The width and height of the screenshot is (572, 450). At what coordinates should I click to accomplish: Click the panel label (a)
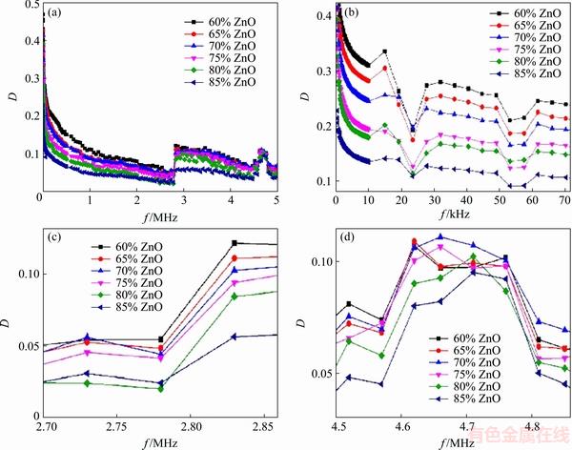[56, 14]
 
